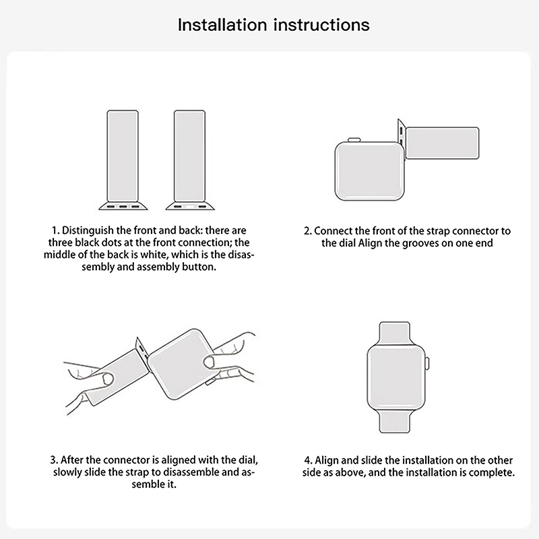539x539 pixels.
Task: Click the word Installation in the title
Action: click(x=222, y=25)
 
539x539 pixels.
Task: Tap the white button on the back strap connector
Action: click(x=190, y=206)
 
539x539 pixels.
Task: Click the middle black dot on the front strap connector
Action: click(x=123, y=206)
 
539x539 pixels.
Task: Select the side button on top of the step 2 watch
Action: click(x=354, y=139)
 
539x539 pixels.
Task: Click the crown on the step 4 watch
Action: click(x=428, y=364)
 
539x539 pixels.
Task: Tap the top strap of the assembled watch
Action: click(x=394, y=332)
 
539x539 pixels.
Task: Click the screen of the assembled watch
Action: click(x=395, y=378)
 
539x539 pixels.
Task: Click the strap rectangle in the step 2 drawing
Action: click(x=443, y=143)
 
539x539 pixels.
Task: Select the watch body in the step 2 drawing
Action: click(x=370, y=171)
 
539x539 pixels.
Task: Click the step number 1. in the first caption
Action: click(x=55, y=230)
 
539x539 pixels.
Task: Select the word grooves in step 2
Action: click(x=420, y=243)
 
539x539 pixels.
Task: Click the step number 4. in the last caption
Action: click(x=309, y=460)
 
